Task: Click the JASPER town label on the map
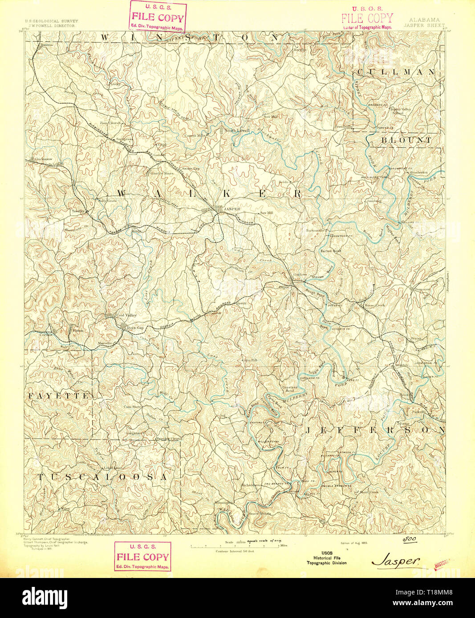(x=232, y=209)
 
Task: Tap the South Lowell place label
(x=236, y=130)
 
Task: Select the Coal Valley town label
(x=126, y=315)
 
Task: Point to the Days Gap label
(x=135, y=328)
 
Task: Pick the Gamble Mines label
(x=162, y=173)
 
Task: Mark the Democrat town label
(x=420, y=289)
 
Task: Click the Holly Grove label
(x=107, y=201)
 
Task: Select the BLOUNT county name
(x=406, y=140)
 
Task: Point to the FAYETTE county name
(x=58, y=395)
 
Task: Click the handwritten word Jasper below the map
(x=396, y=561)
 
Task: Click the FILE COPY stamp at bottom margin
(x=142, y=557)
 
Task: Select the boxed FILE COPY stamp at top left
(x=157, y=17)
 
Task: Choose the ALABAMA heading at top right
(x=424, y=20)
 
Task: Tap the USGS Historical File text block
(x=326, y=558)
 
